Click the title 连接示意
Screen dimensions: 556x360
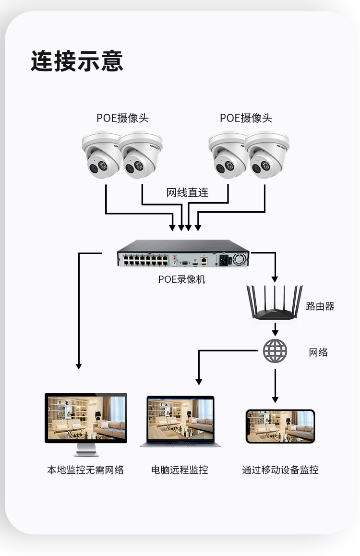[77, 61]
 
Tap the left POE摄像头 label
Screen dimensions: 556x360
[122, 118]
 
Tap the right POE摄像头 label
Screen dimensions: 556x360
[246, 118]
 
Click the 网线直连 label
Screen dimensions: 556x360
[187, 193]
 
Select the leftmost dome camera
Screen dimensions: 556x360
[100, 155]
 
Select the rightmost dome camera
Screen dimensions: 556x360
[267, 155]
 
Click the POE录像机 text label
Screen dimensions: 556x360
[181, 279]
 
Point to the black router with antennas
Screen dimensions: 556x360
[275, 304]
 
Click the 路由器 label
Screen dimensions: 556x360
[320, 306]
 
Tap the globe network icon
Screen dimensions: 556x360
[275, 351]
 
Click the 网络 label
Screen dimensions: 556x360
[318, 352]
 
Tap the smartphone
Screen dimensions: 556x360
[280, 426]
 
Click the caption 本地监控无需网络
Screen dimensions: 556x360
[85, 470]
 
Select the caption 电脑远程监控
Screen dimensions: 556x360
[180, 470]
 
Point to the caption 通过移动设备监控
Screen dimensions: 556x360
[280, 470]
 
